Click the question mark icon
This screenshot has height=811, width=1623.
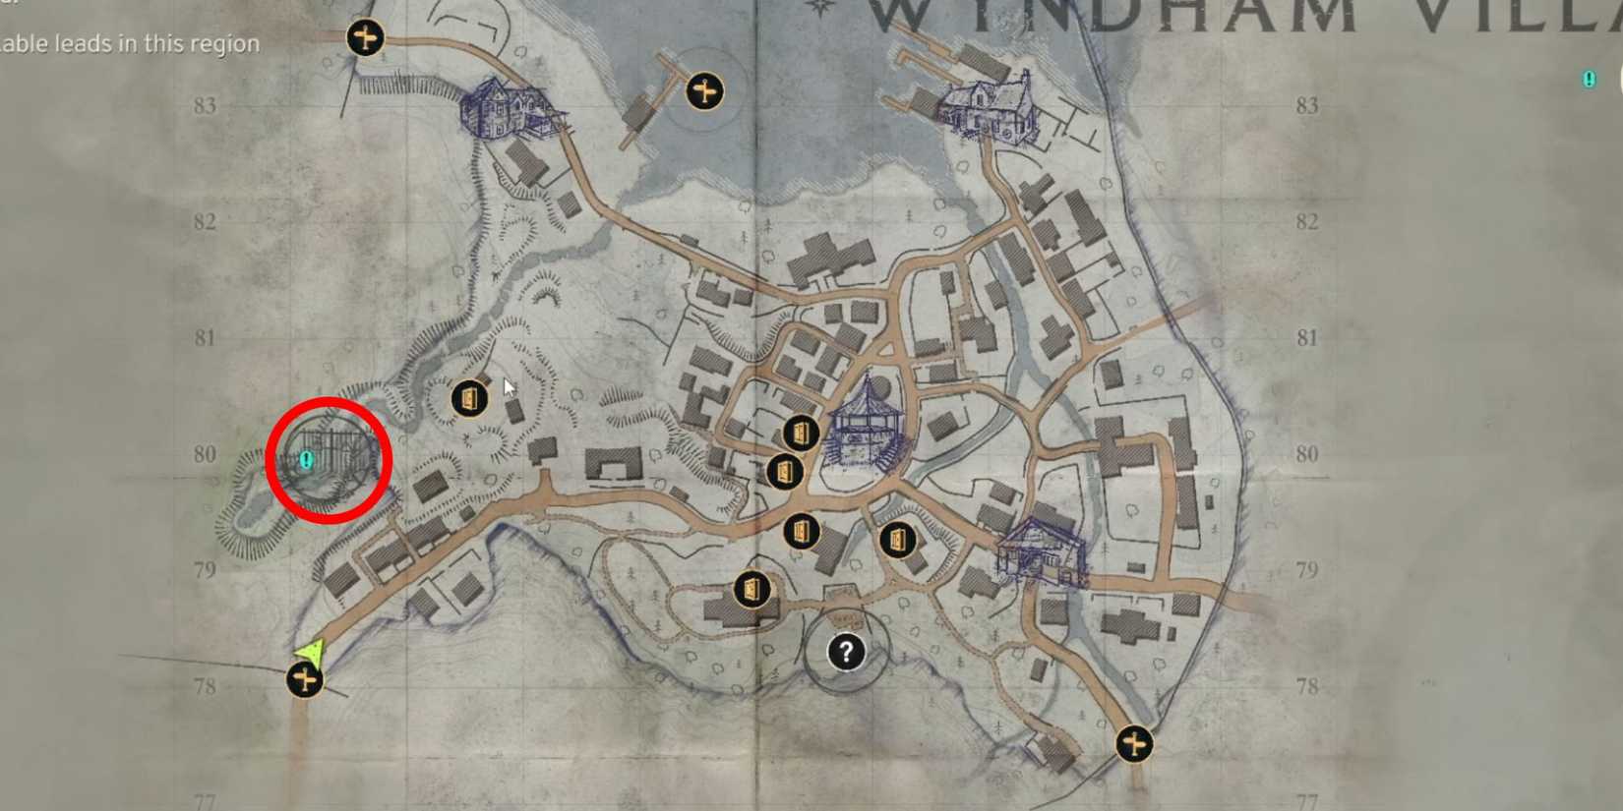pyautogui.click(x=846, y=652)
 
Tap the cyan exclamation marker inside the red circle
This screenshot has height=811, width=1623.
pyautogui.click(x=307, y=459)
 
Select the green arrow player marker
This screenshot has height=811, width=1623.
pyautogui.click(x=311, y=652)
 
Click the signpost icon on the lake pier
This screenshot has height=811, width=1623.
pyautogui.click(x=704, y=91)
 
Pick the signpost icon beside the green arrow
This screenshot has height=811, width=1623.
pyautogui.click(x=304, y=679)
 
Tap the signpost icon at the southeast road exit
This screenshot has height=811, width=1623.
pyautogui.click(x=1134, y=743)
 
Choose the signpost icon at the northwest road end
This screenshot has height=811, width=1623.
pyautogui.click(x=365, y=38)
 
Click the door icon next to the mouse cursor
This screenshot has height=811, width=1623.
pyautogui.click(x=469, y=398)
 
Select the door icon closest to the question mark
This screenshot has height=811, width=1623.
pyautogui.click(x=752, y=590)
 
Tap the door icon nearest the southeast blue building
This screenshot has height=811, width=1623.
pyautogui.click(x=897, y=540)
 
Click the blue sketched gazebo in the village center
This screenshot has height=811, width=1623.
pyautogui.click(x=867, y=424)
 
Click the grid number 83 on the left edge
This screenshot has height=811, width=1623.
pyautogui.click(x=205, y=105)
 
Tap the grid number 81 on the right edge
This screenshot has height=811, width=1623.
pyautogui.click(x=1306, y=338)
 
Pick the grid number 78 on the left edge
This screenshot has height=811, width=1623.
pyautogui.click(x=205, y=686)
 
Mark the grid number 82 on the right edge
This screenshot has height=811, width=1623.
pyautogui.click(x=1306, y=221)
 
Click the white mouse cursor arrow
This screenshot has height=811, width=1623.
pyautogui.click(x=509, y=386)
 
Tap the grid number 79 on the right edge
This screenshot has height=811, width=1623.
pyautogui.click(x=1306, y=570)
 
